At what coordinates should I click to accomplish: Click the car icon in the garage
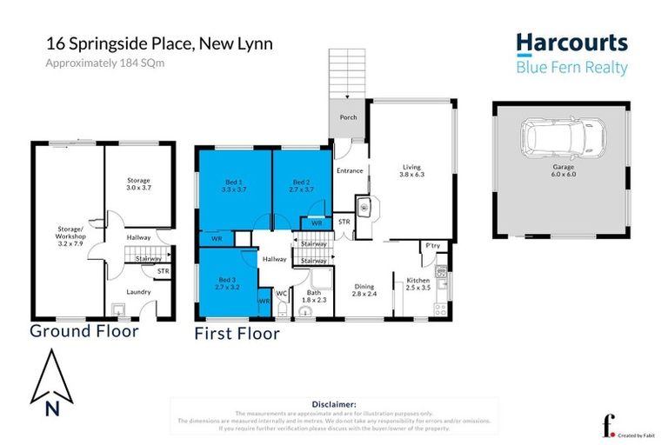coord(561,136)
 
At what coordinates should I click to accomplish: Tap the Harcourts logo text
coord(571,43)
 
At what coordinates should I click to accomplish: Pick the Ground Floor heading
coord(83,331)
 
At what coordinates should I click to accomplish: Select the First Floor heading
coord(237,333)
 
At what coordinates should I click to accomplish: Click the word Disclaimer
coord(333,404)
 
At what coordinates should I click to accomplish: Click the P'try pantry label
coord(432,246)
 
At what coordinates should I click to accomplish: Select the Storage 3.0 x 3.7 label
coord(139,184)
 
